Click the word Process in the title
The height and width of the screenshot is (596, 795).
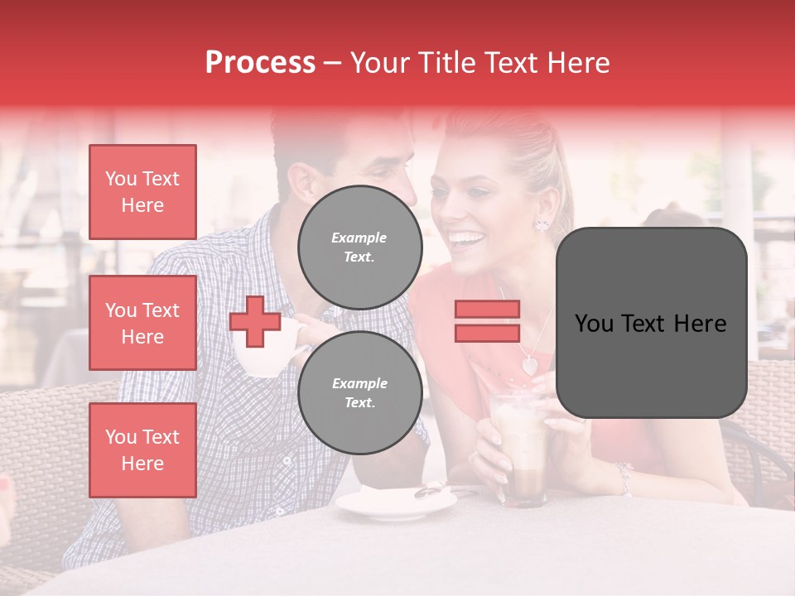(x=260, y=63)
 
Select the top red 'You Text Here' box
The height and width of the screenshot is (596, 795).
(x=142, y=192)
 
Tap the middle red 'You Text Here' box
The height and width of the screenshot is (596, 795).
(x=142, y=323)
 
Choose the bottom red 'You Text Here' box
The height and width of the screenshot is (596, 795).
(x=142, y=450)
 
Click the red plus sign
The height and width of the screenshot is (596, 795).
(x=255, y=321)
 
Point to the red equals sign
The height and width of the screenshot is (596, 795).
(x=487, y=321)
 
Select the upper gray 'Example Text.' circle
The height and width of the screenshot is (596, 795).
(x=359, y=247)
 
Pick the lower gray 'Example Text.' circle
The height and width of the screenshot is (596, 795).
(x=359, y=392)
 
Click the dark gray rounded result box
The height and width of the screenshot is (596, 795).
(x=651, y=323)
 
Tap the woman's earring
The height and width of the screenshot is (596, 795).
(x=542, y=224)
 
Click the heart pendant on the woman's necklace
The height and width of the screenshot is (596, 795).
(x=528, y=363)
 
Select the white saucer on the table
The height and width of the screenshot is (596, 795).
(x=396, y=501)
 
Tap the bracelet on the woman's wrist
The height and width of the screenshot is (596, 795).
(x=623, y=477)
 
